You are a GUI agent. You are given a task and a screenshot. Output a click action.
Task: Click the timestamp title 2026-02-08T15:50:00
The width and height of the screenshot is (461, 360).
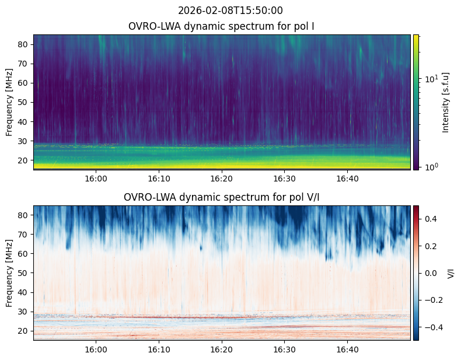coord(230,11)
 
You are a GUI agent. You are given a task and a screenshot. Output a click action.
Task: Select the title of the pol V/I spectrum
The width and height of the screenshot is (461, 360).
coord(222,197)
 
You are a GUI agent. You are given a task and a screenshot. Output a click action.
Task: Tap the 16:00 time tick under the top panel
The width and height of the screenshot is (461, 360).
coord(96,178)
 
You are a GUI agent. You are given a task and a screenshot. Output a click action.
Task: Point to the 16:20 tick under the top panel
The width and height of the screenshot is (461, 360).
coord(222,178)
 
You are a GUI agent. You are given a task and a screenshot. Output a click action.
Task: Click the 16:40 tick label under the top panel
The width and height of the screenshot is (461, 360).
coord(348,178)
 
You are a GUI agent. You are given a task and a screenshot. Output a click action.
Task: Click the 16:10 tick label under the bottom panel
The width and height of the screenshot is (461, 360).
coord(159,349)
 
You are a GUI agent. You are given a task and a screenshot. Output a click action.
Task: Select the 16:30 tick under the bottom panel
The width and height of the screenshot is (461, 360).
coord(285,349)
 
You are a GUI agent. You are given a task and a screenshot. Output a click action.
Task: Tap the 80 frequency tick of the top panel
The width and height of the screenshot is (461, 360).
coord(24,44)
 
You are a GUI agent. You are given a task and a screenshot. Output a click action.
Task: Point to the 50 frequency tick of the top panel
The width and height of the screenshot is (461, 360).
coord(24,102)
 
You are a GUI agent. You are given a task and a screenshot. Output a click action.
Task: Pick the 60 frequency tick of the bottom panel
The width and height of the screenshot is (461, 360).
coord(24,254)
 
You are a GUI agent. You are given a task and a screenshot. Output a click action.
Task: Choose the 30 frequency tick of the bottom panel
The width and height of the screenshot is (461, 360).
coord(24,312)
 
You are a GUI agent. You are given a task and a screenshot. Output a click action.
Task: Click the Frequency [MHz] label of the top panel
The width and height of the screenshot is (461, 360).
coord(10,102)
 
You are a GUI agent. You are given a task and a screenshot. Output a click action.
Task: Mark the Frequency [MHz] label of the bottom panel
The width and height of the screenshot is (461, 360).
coord(10,273)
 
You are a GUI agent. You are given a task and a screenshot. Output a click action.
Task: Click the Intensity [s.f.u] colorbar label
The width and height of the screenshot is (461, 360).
coord(446,102)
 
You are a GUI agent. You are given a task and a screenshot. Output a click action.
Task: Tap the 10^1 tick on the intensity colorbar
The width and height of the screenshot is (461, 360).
coord(429,78)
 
